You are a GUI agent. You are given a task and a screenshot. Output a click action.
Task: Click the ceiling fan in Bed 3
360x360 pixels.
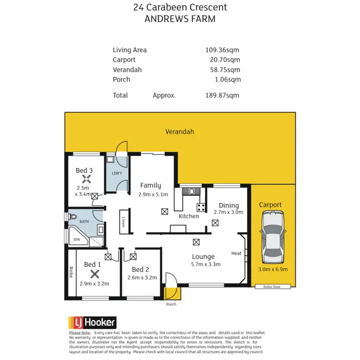coord(87,179)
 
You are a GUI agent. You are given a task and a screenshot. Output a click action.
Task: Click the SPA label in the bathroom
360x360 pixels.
coord(77,239)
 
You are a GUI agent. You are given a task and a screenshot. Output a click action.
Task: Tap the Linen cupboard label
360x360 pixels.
coord(123,221)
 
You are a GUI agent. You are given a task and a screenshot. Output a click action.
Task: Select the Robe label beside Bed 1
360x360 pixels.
coord(71,272)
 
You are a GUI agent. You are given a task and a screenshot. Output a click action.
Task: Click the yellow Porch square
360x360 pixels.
coord(171,293)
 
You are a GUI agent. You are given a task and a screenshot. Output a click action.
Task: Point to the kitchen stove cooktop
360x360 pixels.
coord(200,207)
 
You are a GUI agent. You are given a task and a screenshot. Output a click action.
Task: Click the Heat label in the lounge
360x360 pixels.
coord(236,253)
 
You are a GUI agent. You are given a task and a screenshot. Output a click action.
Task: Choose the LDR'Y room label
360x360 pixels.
coord(117,173)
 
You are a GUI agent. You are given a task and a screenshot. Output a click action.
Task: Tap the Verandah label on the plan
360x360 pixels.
coord(180,131)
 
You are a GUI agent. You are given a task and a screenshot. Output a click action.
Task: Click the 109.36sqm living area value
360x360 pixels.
coord(222,50)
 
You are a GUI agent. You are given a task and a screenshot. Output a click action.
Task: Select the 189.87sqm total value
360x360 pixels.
coord(222,95)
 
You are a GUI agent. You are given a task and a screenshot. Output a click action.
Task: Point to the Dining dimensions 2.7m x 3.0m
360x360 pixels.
coord(228,212)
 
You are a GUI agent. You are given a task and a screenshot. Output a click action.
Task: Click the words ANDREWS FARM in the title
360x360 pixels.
coord(180,19)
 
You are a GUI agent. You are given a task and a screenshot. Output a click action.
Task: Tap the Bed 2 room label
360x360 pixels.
coord(141,269)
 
